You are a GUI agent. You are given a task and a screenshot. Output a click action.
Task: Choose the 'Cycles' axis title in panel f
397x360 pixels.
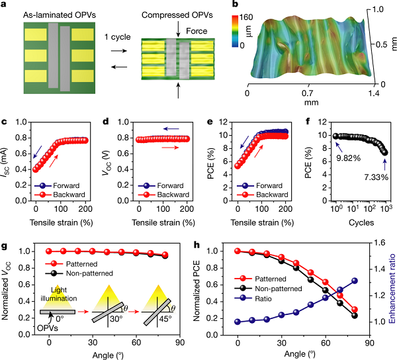click(349, 223)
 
